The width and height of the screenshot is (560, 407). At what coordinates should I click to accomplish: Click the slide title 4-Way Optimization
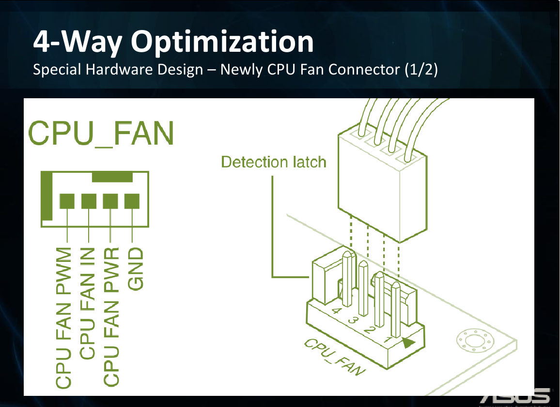pyautogui.click(x=173, y=42)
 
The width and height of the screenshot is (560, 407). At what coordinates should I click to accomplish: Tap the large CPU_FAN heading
pyautogui.click(x=101, y=132)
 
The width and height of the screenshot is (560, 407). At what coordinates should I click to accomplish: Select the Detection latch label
pyautogui.click(x=274, y=162)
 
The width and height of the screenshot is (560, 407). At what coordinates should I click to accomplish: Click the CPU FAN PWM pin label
pyautogui.click(x=64, y=317)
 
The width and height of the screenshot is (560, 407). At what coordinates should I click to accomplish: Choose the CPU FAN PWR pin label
pyautogui.click(x=111, y=317)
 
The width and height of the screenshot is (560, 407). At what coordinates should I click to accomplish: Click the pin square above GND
pyautogui.click(x=132, y=201)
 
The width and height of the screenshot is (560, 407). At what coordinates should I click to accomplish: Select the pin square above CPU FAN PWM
pyautogui.click(x=67, y=201)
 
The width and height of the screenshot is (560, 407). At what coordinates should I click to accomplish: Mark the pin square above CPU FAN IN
pyautogui.click(x=89, y=201)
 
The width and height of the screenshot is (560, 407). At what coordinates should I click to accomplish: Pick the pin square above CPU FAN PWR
pyautogui.click(x=110, y=201)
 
